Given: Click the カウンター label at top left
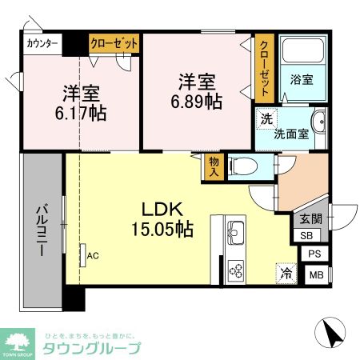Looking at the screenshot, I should pyautogui.click(x=42, y=43).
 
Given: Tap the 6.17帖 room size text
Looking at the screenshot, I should pyautogui.click(x=80, y=112).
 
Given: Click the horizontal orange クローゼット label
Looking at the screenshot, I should pyautogui.click(x=114, y=43).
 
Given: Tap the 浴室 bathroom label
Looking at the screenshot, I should pyautogui.click(x=301, y=80).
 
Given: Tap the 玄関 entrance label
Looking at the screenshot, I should pyautogui.click(x=310, y=218).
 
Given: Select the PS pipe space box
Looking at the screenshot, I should pyautogui.click(x=315, y=254).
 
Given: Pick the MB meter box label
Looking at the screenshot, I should pyautogui.click(x=317, y=274).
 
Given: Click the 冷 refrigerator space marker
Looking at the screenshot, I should pyautogui.click(x=286, y=273).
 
